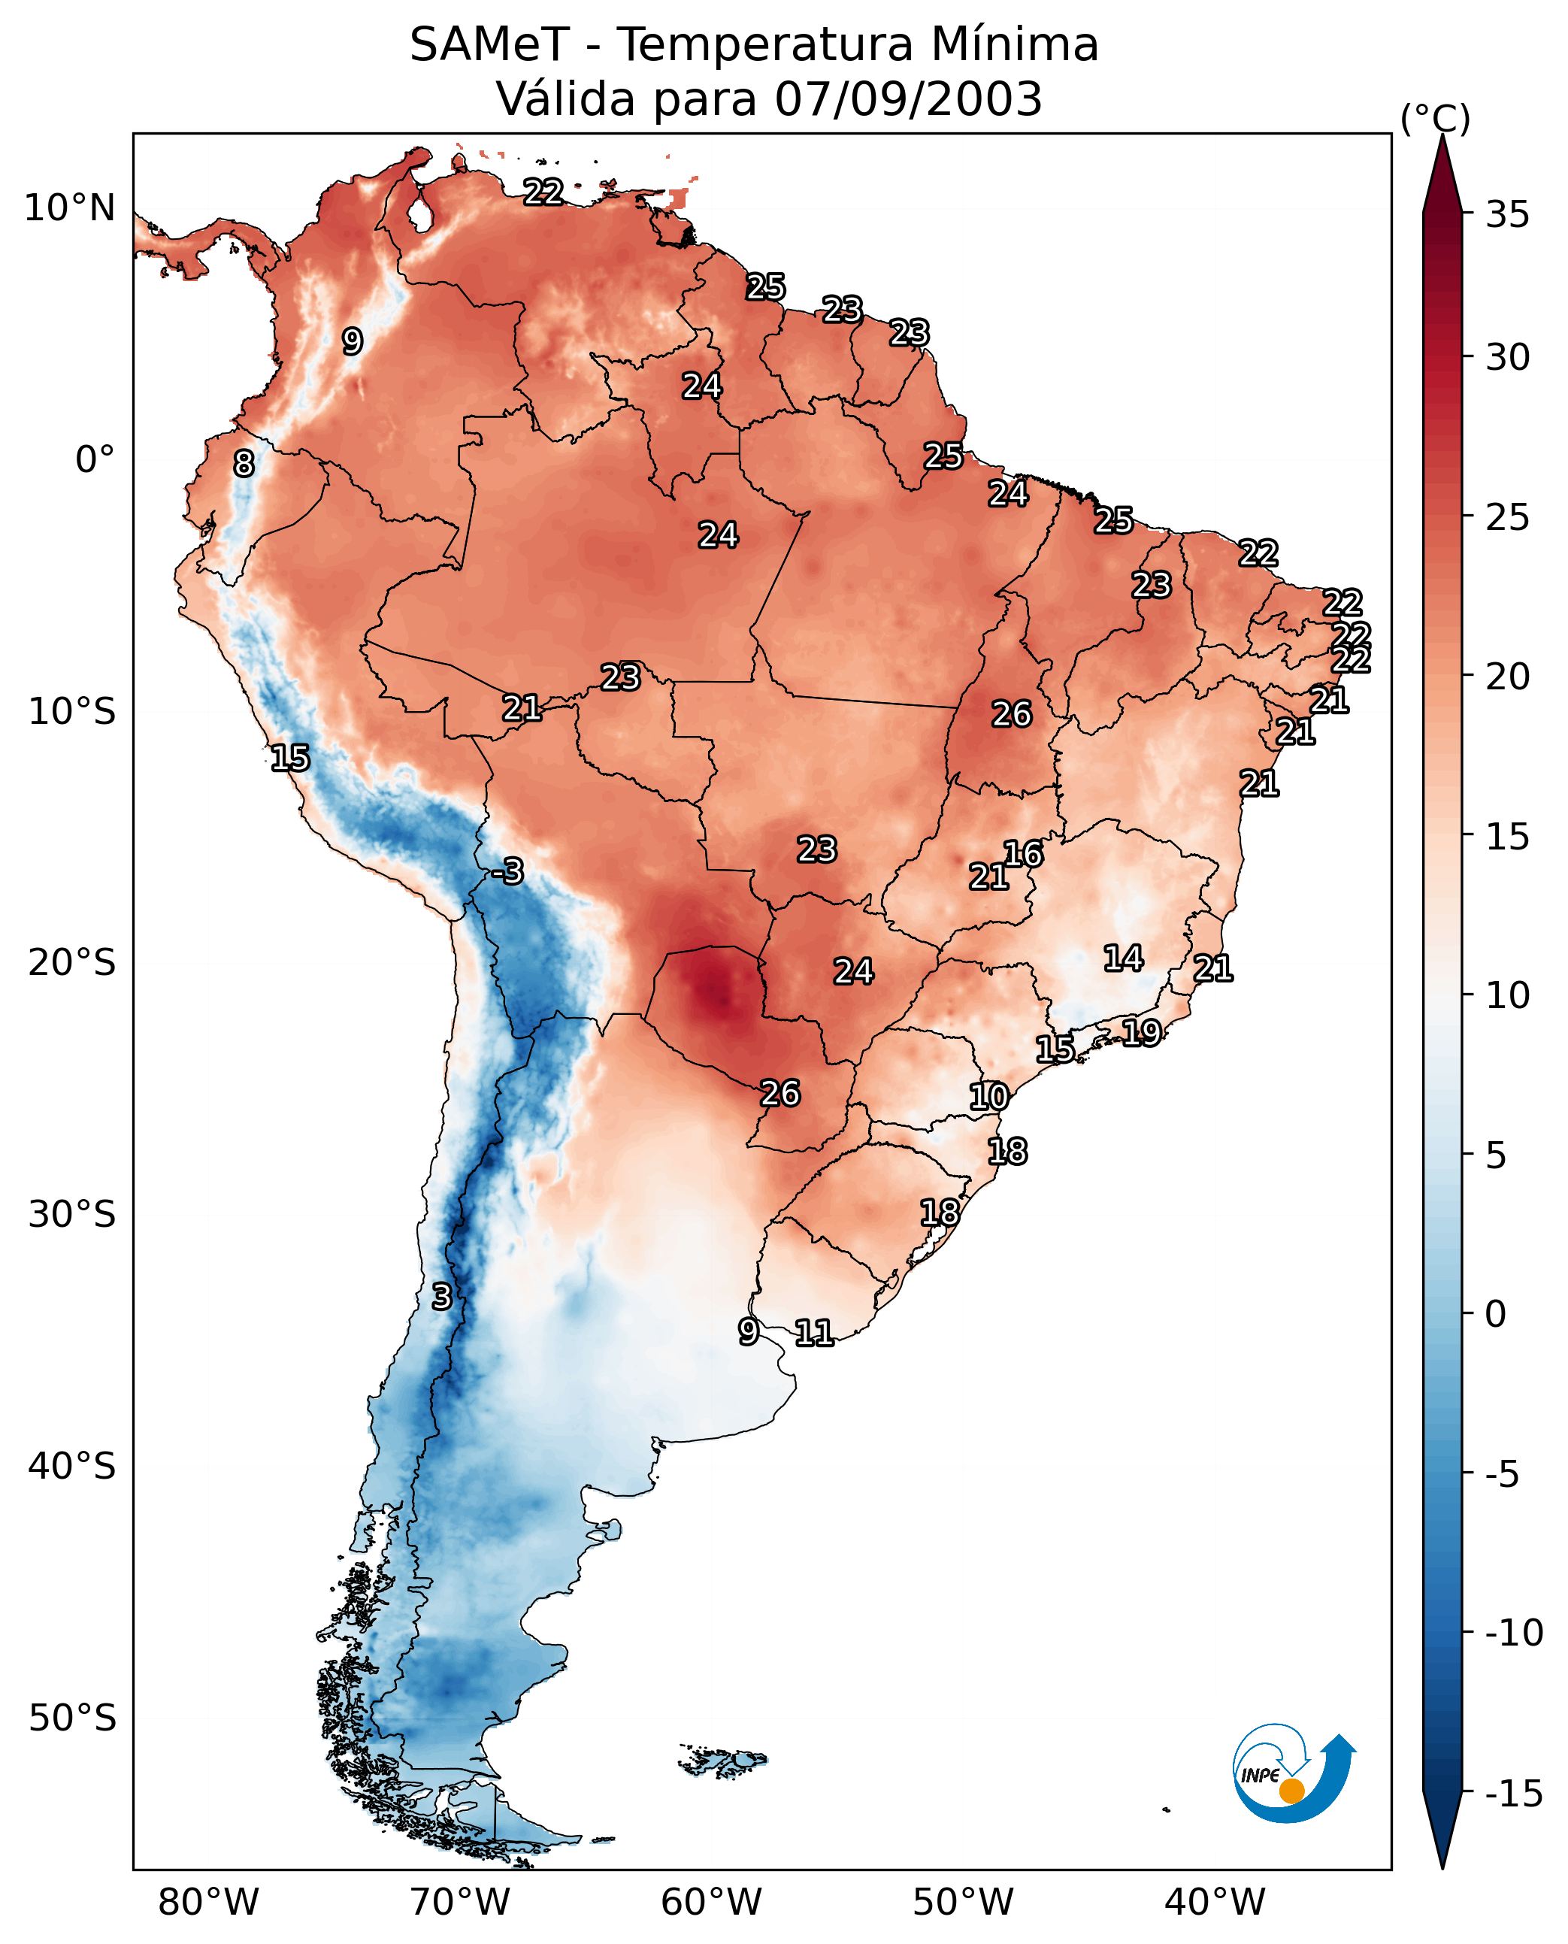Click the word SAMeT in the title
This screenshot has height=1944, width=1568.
[489, 45]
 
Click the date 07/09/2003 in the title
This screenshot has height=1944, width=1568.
[908, 99]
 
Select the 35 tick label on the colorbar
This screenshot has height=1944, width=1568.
[1507, 215]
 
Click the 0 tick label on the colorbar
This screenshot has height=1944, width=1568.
[1496, 1314]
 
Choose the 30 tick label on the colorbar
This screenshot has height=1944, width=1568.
[1507, 358]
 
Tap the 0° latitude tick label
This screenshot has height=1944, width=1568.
[95, 460]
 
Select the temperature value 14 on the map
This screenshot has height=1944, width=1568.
[1123, 958]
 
